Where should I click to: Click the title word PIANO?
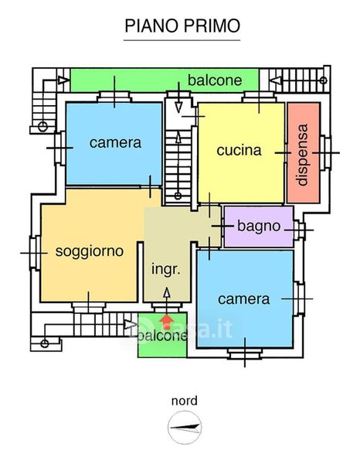pyautogui.click(x=152, y=26)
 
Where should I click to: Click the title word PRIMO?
pyautogui.click(x=212, y=26)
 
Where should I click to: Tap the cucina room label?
pyautogui.click(x=239, y=150)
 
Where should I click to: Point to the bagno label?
pyautogui.click(x=259, y=227)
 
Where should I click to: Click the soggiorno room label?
pyautogui.click(x=90, y=252)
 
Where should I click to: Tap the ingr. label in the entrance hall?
pyautogui.click(x=166, y=270)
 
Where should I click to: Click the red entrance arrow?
pyautogui.click(x=167, y=322)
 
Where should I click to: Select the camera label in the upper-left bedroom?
pyautogui.click(x=115, y=143)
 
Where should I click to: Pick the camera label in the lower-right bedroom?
pyautogui.click(x=244, y=299)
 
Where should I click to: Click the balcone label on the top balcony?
pyautogui.click(x=215, y=80)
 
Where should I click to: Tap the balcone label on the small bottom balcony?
pyautogui.click(x=162, y=336)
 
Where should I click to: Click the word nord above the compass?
pyautogui.click(x=185, y=401)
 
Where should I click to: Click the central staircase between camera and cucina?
pyautogui.click(x=178, y=167)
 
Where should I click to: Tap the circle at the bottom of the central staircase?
pyautogui.click(x=178, y=196)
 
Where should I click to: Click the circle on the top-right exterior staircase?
pyautogui.click(x=324, y=80)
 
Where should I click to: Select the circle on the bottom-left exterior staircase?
pyautogui.click(x=44, y=343)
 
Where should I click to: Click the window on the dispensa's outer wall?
pyautogui.click(x=325, y=152)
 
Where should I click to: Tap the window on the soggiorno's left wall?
pyautogui.click(x=35, y=253)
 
